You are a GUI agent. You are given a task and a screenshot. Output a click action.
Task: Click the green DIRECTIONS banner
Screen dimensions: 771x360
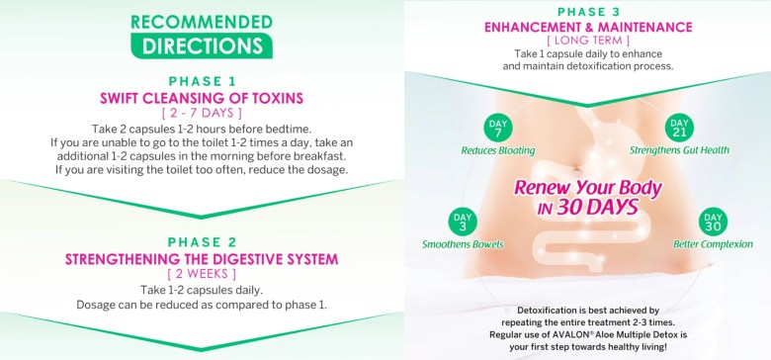tap(202, 45)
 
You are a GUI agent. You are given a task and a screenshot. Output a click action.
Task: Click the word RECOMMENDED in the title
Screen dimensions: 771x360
tap(202, 22)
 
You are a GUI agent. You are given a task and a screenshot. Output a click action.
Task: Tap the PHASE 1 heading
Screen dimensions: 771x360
tap(202, 82)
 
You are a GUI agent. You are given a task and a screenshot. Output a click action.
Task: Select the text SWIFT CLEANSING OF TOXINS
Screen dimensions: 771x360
tap(202, 98)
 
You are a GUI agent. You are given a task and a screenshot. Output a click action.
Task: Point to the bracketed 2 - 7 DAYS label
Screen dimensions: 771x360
tap(202, 114)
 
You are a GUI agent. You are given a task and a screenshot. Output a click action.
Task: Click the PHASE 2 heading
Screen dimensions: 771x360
tap(202, 242)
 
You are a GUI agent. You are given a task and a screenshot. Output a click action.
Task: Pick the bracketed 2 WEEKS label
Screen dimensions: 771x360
tap(202, 273)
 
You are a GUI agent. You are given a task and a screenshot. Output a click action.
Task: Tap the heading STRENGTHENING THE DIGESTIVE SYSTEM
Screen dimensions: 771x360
tap(202, 259)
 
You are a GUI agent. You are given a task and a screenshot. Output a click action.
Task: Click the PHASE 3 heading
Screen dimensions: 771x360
tap(588, 12)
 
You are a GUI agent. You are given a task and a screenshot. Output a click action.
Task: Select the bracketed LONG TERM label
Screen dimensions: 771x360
tap(588, 41)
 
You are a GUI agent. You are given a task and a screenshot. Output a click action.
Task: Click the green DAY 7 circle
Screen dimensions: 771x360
tap(497, 128)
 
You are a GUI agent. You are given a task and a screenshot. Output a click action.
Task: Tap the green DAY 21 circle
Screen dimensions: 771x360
tap(679, 128)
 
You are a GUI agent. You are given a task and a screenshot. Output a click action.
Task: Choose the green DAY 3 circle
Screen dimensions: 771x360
tap(463, 222)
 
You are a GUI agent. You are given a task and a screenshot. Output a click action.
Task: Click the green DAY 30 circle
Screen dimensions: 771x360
tap(713, 222)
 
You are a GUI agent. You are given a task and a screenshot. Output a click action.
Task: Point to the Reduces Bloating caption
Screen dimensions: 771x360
tap(497, 150)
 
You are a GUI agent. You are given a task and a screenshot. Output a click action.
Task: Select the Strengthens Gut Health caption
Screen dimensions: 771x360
tap(679, 150)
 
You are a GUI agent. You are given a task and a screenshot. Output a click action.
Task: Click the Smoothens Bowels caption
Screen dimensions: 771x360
tap(463, 244)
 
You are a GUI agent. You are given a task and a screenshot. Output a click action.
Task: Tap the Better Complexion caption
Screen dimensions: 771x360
tap(713, 244)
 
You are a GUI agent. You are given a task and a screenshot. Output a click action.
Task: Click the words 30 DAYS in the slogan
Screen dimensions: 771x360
tap(597, 207)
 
